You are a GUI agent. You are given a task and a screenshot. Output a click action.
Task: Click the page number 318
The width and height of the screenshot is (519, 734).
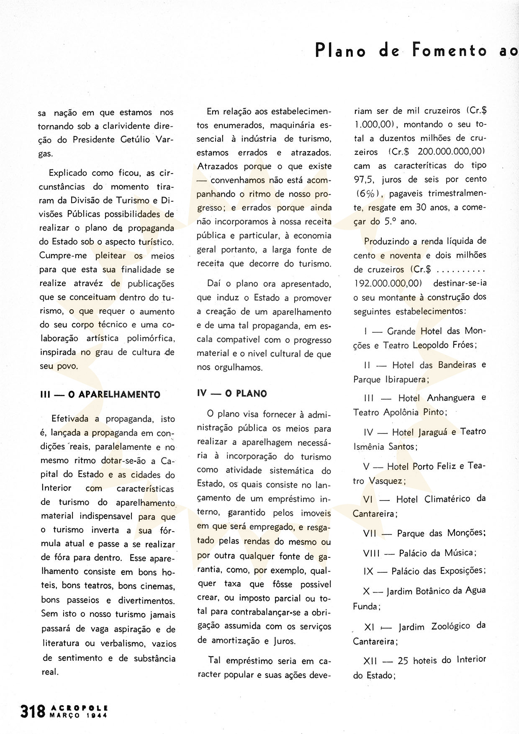pyautogui.click(x=33, y=711)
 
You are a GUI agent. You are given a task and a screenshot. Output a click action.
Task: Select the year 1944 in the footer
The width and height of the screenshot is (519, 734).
pyautogui.click(x=95, y=715)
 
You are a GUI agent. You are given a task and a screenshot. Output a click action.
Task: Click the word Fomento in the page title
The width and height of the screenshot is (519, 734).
pyautogui.click(x=450, y=51)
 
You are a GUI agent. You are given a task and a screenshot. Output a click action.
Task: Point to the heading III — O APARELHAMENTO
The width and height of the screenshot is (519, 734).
pyautogui.click(x=100, y=394)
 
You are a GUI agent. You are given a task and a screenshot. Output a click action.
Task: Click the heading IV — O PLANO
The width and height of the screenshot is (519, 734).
pyautogui.click(x=232, y=393)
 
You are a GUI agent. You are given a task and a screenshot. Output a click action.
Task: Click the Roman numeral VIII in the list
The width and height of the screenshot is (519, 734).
pyautogui.click(x=371, y=553)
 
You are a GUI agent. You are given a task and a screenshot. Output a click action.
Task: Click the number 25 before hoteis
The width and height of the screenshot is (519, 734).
pyautogui.click(x=403, y=661)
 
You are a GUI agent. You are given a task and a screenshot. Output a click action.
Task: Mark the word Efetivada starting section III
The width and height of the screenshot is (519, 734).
pyautogui.click(x=70, y=419)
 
